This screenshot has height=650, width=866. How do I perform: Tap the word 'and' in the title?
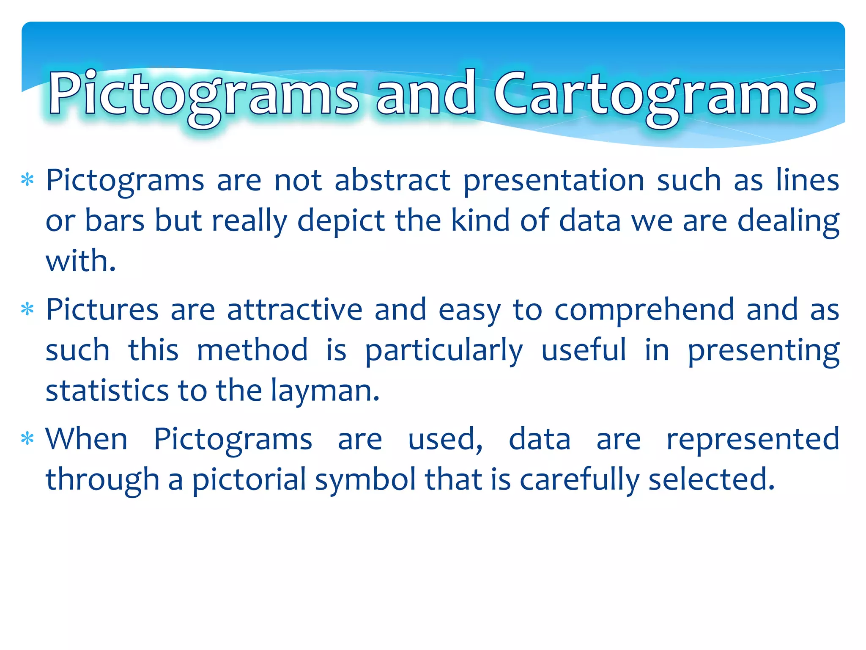click(x=426, y=94)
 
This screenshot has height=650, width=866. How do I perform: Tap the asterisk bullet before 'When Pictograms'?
click(x=27, y=439)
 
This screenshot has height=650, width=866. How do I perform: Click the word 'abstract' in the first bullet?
click(x=392, y=181)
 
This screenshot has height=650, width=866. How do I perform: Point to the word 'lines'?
click(x=807, y=181)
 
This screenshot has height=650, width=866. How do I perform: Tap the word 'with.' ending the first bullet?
click(x=80, y=261)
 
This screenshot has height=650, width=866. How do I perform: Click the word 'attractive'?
click(x=295, y=310)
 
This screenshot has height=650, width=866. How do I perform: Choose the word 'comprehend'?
click(x=644, y=311)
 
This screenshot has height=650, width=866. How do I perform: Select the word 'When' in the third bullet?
click(x=86, y=439)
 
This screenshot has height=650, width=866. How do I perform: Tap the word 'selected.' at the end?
click(x=712, y=479)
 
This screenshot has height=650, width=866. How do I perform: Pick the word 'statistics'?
click(x=107, y=391)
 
